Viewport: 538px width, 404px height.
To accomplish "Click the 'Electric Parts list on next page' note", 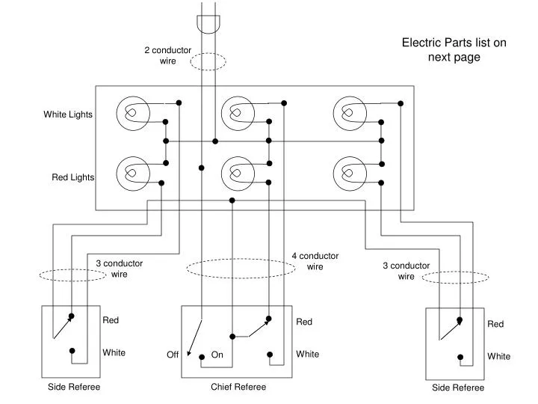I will (x=454, y=49).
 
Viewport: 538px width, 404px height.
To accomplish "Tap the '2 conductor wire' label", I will (x=167, y=55).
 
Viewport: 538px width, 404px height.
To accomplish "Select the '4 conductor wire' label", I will (x=315, y=261).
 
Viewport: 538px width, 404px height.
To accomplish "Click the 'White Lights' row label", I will (x=68, y=114).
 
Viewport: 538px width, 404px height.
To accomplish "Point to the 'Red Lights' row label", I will (x=72, y=177).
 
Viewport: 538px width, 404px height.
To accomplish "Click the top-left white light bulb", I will (x=133, y=113).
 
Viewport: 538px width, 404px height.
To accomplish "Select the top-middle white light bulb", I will (x=238, y=113).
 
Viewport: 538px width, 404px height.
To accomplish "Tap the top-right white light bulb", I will (x=350, y=113).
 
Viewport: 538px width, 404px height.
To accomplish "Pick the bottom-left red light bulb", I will (x=133, y=174).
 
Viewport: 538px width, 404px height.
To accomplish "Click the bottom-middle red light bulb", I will (x=238, y=174).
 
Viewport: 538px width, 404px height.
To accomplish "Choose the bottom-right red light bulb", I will (x=350, y=174).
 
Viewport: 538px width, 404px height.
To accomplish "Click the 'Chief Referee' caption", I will (x=238, y=387).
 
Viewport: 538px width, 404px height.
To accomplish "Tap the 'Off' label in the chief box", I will (x=173, y=355).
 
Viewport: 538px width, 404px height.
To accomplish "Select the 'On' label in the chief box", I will (x=217, y=355).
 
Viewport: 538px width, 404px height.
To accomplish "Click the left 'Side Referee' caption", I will (x=74, y=387).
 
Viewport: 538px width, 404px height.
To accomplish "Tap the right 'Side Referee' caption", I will (x=458, y=388).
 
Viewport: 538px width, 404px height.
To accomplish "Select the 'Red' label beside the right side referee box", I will (x=496, y=324).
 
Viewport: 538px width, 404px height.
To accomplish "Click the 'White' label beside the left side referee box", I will (x=114, y=352).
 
